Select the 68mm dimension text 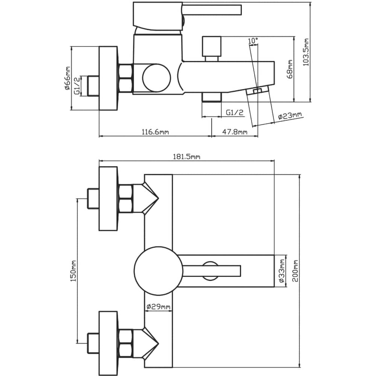coord(290,69)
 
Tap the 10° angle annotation coord(253,41)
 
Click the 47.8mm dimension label coord(235,132)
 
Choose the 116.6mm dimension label coord(155,132)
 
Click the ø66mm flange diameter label coord(67,78)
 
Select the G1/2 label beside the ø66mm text coord(77,85)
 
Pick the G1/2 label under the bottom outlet coord(235,112)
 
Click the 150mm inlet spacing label coord(73,271)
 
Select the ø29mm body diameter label coord(158,307)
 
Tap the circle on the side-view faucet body coord(156,78)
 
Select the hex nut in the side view coord(125,78)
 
